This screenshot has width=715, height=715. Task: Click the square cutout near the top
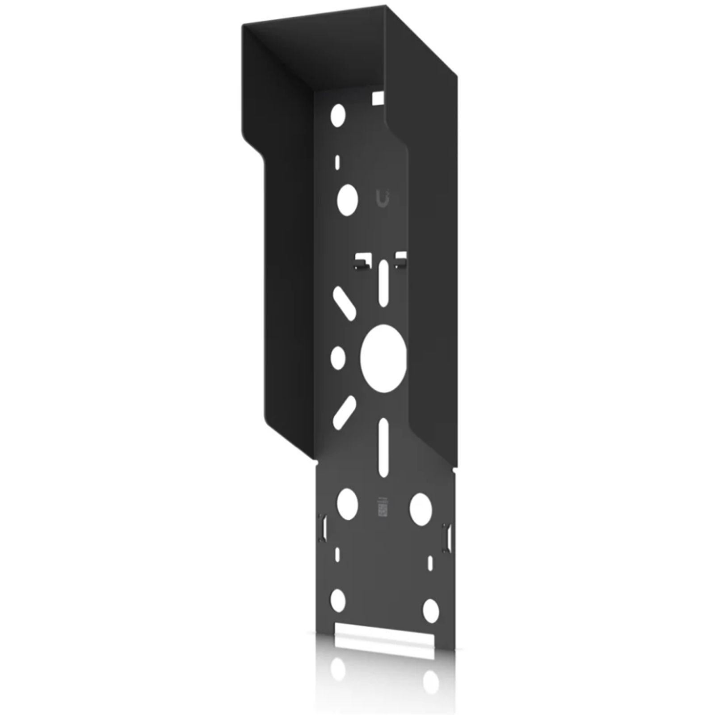coord(378,98)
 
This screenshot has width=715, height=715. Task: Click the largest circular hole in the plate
coord(383,358)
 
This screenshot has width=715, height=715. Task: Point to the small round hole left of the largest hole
coord(338,357)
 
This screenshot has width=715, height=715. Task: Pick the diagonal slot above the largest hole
coord(344,303)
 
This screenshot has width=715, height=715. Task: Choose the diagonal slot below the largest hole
coord(344,412)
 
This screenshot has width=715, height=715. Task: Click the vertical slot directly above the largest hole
coord(383,283)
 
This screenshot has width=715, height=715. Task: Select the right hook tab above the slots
coord(401,260)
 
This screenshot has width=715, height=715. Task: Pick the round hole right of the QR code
coord(421,509)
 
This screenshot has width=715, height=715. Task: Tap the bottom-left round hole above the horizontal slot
coord(338,600)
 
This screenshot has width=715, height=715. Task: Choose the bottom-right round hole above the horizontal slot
coord(431,611)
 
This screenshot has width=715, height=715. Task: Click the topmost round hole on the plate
coord(338,115)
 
